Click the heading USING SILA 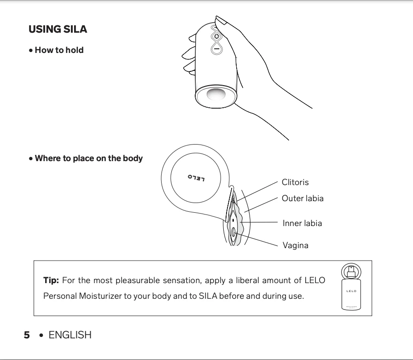click(x=58, y=29)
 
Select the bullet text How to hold click(x=59, y=50)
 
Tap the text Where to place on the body click(x=88, y=158)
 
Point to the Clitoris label click(x=295, y=182)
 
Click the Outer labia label click(x=302, y=198)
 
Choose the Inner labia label click(x=302, y=223)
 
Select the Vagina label click(x=295, y=245)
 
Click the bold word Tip click(x=51, y=280)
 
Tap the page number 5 click(x=27, y=335)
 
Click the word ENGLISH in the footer click(x=70, y=335)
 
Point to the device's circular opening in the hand click(x=216, y=95)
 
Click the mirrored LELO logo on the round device click(x=196, y=178)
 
